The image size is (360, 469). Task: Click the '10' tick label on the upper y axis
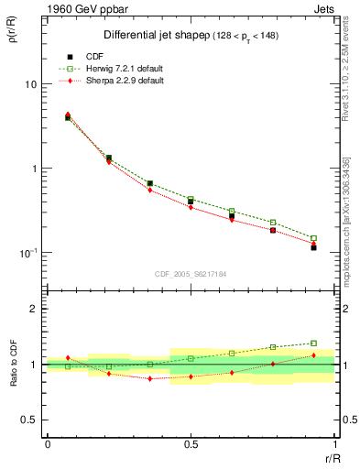pos(31,84)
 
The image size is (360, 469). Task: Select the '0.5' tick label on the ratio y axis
pos(31,420)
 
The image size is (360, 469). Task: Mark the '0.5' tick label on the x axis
pos(191,443)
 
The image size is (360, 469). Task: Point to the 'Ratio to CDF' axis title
pos(13,365)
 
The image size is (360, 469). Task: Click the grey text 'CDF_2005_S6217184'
pos(191,274)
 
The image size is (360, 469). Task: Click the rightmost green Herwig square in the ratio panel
pos(313,344)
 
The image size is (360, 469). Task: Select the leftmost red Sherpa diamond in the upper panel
pos(68,115)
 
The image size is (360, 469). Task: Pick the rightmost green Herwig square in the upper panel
pos(313,238)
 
